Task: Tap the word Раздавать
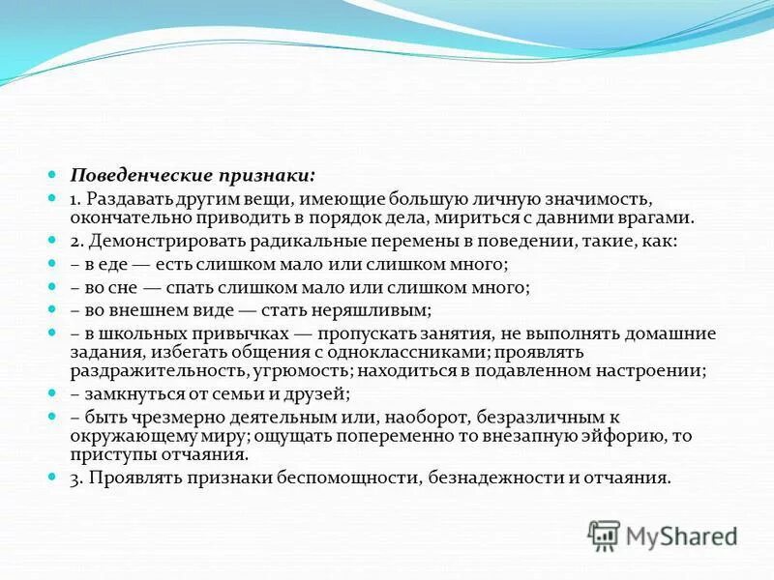coord(131,199)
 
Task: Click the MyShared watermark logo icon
coord(605,534)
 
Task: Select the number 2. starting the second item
coord(76,241)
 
